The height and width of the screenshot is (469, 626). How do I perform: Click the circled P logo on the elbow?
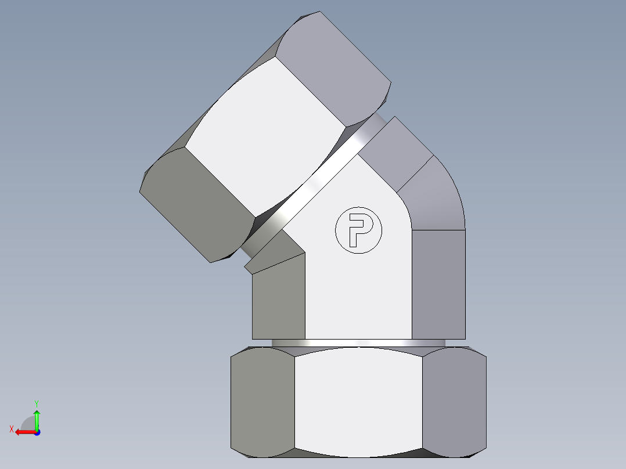click(x=359, y=230)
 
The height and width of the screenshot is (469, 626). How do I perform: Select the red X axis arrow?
click(x=23, y=432)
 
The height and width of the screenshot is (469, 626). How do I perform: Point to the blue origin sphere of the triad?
click(x=37, y=432)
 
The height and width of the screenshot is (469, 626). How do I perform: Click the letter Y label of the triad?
click(x=36, y=403)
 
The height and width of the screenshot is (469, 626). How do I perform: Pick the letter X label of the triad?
click(x=11, y=429)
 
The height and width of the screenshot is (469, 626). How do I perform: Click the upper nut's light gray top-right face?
click(x=334, y=64)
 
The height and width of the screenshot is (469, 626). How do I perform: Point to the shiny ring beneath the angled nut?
click(x=314, y=186)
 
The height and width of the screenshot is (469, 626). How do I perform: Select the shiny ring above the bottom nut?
click(x=358, y=343)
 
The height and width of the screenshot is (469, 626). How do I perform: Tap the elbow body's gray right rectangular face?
click(x=438, y=284)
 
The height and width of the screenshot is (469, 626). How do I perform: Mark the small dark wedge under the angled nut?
click(x=273, y=258)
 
